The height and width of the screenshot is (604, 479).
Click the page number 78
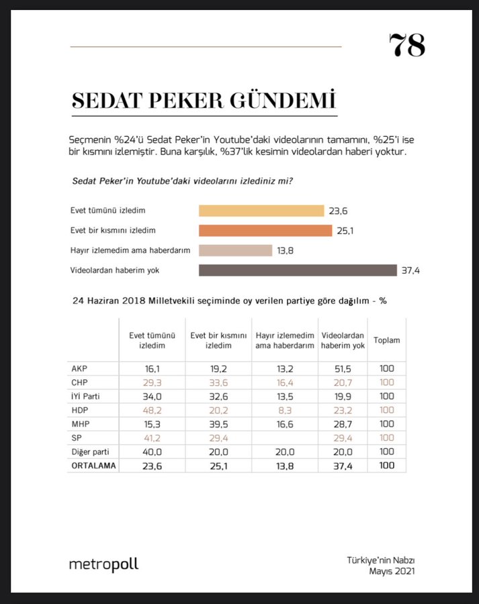click(x=406, y=46)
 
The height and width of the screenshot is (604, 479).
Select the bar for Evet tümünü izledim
click(x=261, y=211)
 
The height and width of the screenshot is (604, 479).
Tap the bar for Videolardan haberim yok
click(x=298, y=270)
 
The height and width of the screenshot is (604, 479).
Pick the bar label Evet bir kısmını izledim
click(x=113, y=230)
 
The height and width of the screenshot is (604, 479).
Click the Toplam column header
click(x=386, y=340)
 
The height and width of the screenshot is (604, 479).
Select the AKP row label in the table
click(x=79, y=368)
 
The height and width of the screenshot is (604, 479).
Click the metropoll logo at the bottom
click(x=103, y=564)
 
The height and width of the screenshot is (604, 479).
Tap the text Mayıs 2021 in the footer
click(x=392, y=571)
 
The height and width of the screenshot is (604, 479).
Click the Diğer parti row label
click(x=89, y=452)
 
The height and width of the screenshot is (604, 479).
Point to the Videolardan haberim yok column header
click(x=343, y=340)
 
